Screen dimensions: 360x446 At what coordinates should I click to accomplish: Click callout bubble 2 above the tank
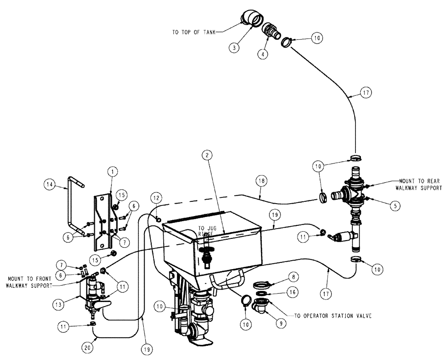click(206, 155)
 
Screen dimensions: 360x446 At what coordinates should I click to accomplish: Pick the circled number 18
click(262, 180)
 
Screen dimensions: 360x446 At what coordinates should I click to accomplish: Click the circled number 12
click(156, 196)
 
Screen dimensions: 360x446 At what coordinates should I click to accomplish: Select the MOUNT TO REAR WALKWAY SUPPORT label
click(412, 185)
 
